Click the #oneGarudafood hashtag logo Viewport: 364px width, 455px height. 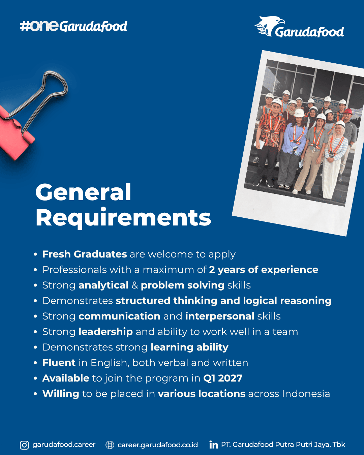pyautogui.click(x=73, y=26)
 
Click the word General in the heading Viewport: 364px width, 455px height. pyautogui.click(x=83, y=192)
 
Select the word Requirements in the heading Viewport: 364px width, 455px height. pyautogui.click(x=123, y=218)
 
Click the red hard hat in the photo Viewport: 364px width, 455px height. pyautogui.click(x=348, y=112)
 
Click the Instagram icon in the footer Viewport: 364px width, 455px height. pyautogui.click(x=24, y=445)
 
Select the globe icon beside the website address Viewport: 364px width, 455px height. pyautogui.click(x=110, y=445)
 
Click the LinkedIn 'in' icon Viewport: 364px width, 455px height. pyautogui.click(x=214, y=445)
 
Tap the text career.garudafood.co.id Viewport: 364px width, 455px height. pyautogui.click(x=158, y=445)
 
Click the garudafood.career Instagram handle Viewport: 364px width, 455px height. pyautogui.click(x=64, y=445)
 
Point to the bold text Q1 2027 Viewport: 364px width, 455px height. pyautogui.click(x=223, y=378)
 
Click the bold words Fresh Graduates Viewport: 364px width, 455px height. pyautogui.click(x=85, y=254)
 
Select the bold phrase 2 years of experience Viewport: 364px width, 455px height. pyautogui.click(x=264, y=270)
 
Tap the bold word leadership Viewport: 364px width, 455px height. pyautogui.click(x=105, y=332)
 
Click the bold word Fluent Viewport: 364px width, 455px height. pyautogui.click(x=59, y=363)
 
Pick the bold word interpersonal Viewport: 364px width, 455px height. pyautogui.click(x=220, y=316)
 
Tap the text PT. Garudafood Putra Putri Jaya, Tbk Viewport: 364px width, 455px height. pyautogui.click(x=283, y=445)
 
